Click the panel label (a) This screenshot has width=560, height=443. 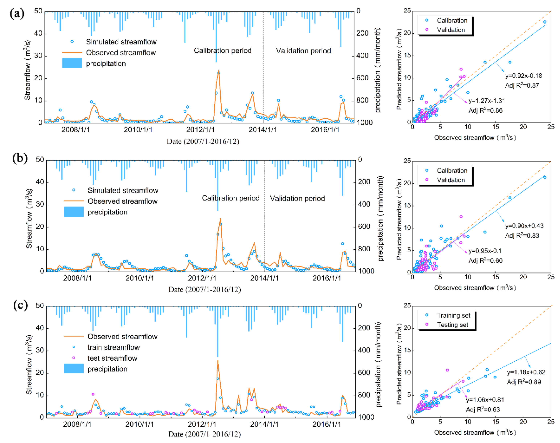point(17,13)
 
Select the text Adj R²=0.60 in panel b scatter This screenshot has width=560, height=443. point(485,261)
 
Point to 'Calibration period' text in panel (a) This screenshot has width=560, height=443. point(223,51)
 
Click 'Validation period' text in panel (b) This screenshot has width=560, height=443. point(297,198)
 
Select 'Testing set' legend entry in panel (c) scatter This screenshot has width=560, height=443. point(452,325)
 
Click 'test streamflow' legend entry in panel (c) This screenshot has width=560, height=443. point(112,358)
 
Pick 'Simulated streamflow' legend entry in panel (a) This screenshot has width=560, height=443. point(121,42)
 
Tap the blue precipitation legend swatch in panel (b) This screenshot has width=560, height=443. point(74,212)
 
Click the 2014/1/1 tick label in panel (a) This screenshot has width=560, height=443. point(263,130)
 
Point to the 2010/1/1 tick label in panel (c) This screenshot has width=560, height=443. point(140,424)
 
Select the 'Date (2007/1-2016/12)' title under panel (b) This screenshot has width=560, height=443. point(205,289)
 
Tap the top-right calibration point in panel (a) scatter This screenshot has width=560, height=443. point(545,22)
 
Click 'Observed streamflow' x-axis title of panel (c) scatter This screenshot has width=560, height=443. point(475,432)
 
